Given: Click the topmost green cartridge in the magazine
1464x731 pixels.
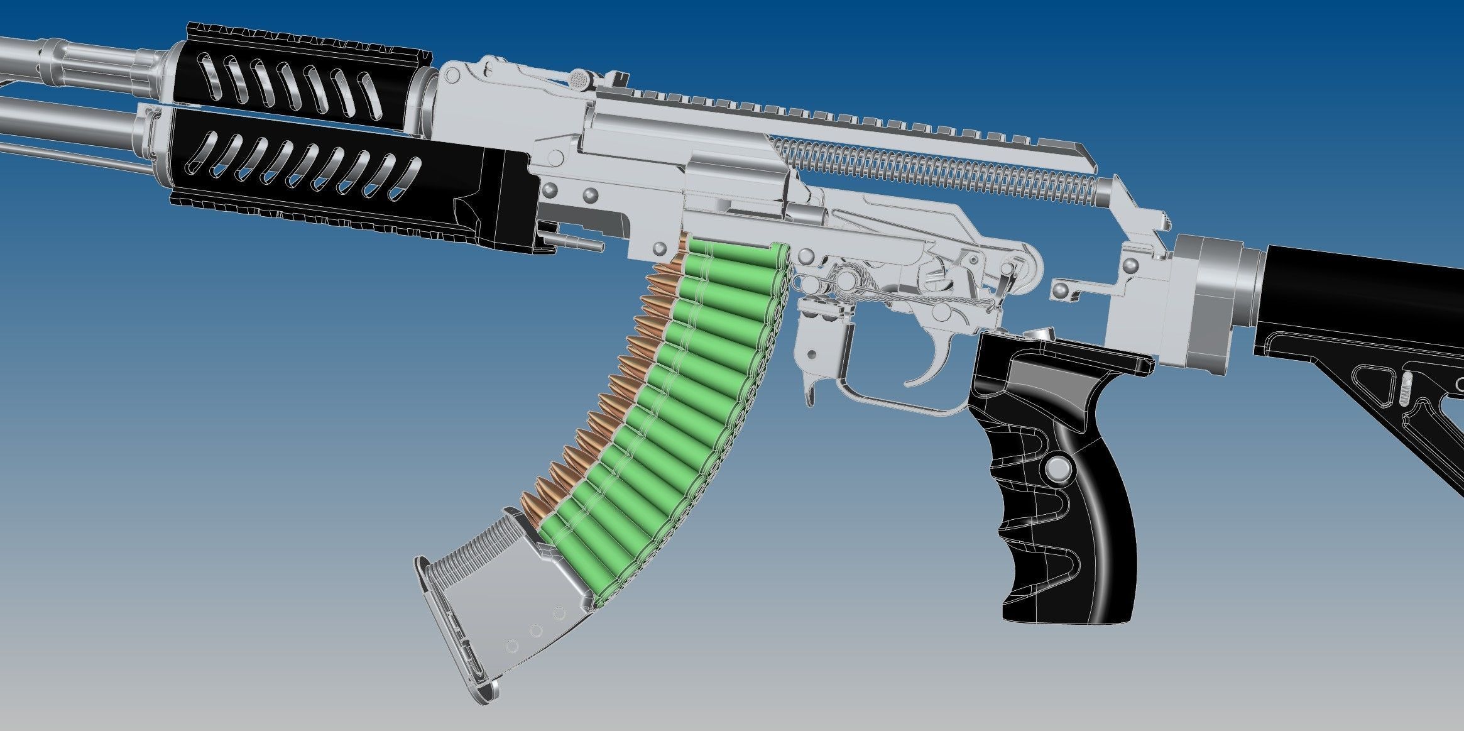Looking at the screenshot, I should [735, 254].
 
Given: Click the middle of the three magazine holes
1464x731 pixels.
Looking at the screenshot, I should [535, 630].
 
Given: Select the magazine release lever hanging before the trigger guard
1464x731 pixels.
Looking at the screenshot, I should [811, 377].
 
